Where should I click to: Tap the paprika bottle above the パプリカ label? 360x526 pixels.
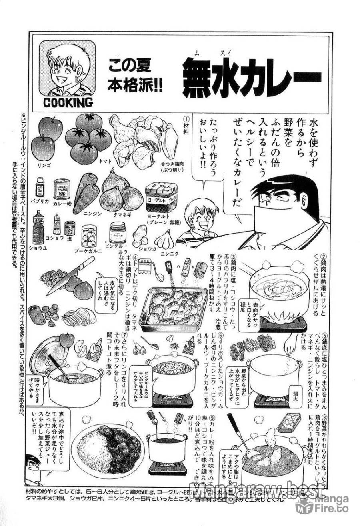(x=40, y=187)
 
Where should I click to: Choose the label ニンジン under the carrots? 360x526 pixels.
(x=91, y=214)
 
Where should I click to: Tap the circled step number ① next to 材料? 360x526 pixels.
(x=185, y=120)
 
